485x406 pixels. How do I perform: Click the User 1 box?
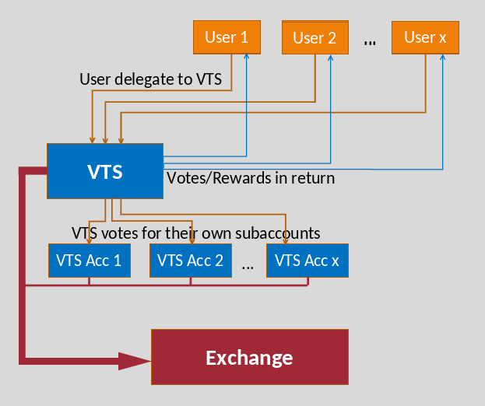[227, 37]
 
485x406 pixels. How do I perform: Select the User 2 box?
[315, 37]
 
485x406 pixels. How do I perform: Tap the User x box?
[425, 37]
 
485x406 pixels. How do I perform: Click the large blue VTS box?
[105, 171]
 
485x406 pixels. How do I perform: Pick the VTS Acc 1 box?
[90, 261]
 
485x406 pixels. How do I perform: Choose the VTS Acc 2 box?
[191, 261]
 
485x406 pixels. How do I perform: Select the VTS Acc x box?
[308, 261]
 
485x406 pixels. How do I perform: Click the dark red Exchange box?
[250, 357]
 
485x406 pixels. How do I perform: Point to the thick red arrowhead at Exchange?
[135, 361]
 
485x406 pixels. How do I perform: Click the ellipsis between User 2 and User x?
[370, 43]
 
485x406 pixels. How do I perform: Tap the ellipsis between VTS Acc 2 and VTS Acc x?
[248, 268]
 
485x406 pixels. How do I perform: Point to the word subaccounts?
[277, 233]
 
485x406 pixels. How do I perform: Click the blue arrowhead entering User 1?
[247, 56]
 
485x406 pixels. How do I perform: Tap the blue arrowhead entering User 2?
[331, 58]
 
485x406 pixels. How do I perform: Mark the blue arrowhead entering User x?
[443, 57]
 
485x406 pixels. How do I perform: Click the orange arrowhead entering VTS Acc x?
[286, 241]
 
